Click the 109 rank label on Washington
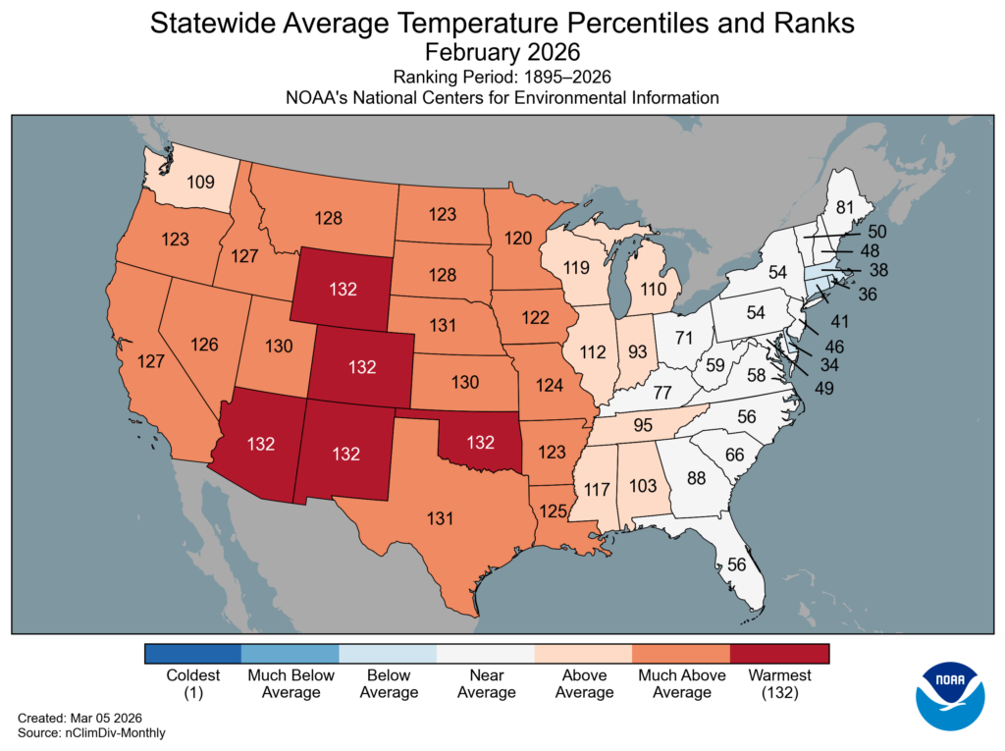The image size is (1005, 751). [x=200, y=181]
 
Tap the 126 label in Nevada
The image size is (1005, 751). [x=204, y=345]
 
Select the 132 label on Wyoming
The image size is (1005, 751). [x=344, y=290]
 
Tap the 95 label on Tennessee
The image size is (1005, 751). [x=643, y=425]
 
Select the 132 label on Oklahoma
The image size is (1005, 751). [x=480, y=443]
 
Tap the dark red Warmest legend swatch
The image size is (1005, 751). [x=779, y=654]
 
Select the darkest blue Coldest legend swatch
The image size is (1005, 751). [x=192, y=654]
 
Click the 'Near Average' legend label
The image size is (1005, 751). [x=486, y=684]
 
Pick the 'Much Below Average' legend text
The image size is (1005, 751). [x=291, y=684]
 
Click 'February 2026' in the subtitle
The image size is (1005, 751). [x=502, y=50]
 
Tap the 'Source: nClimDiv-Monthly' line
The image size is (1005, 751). [x=91, y=733]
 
